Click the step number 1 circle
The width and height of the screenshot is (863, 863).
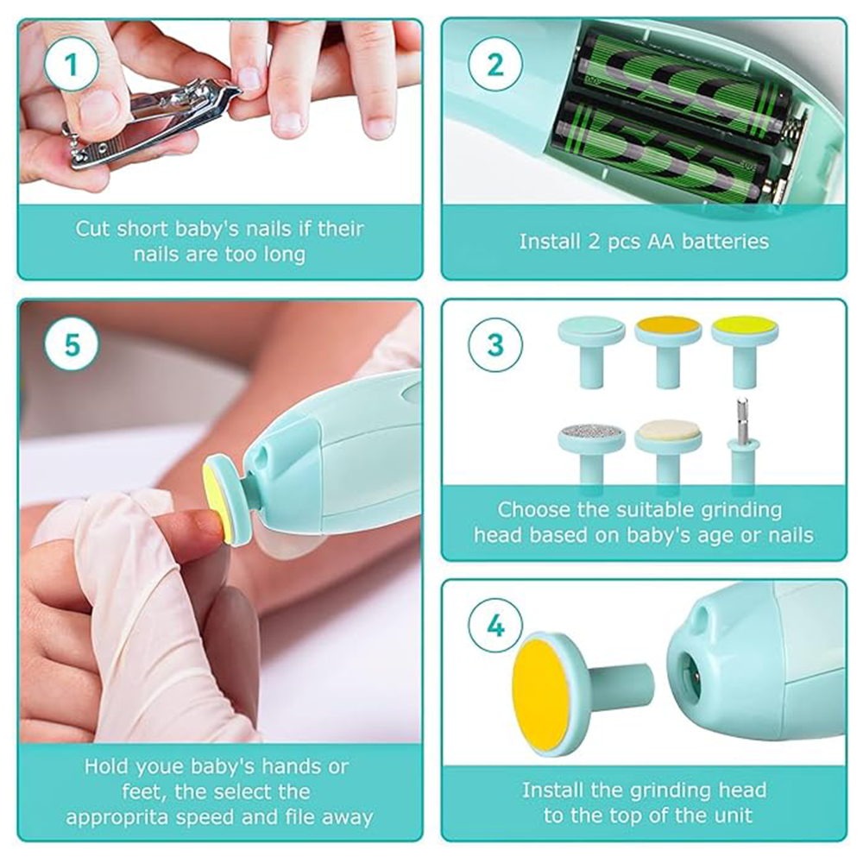click(x=72, y=65)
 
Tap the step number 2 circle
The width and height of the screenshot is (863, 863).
click(x=494, y=65)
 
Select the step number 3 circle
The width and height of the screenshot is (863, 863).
click(x=495, y=344)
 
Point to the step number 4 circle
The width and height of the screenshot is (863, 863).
click(x=495, y=625)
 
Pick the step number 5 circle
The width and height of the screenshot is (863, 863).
click(x=72, y=344)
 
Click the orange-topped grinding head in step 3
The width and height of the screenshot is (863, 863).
click(x=668, y=350)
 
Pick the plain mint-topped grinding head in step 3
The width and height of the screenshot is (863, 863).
click(x=591, y=350)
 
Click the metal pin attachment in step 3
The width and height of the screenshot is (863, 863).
click(x=742, y=440)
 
